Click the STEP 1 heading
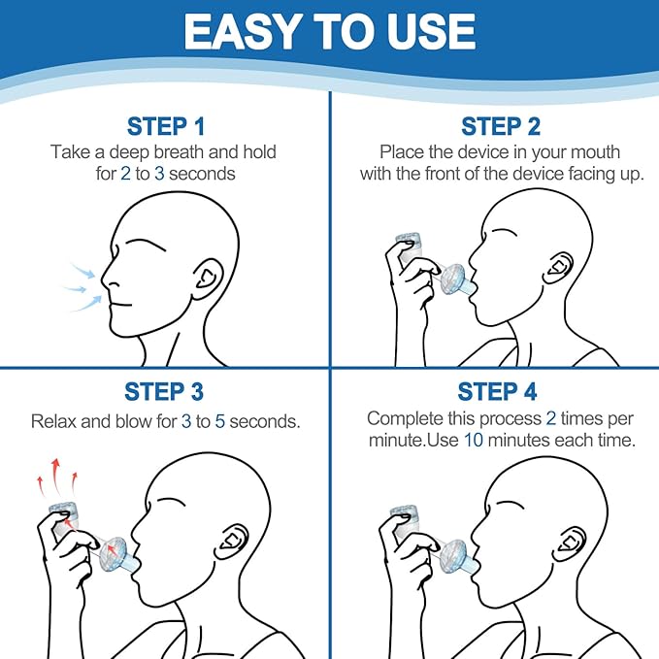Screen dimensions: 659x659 (166, 126)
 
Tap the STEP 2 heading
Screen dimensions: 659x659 (501, 126)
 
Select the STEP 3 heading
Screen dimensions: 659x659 (164, 392)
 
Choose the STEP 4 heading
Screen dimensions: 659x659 (497, 392)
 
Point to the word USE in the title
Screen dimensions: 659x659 (431, 31)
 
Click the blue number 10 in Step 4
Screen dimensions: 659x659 (474, 441)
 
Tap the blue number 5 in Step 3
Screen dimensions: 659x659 (219, 421)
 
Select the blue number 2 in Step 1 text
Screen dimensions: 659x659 (125, 174)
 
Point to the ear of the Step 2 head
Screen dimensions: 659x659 (558, 268)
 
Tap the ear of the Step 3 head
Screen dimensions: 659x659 (232, 542)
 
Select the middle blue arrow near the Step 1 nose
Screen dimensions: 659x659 (76, 288)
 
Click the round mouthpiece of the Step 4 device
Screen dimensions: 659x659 (454, 556)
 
